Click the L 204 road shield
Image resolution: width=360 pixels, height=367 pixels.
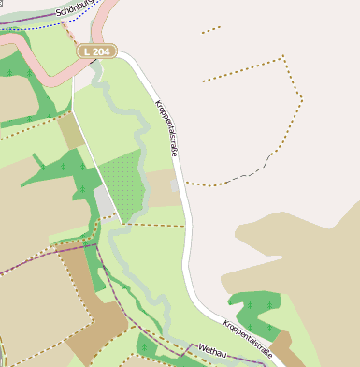click(x=96, y=51)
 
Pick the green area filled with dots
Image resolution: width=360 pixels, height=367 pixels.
click(x=122, y=184)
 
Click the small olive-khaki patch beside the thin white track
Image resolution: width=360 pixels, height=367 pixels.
click(x=71, y=131)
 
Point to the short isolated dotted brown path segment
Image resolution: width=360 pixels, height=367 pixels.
click(x=211, y=30)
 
